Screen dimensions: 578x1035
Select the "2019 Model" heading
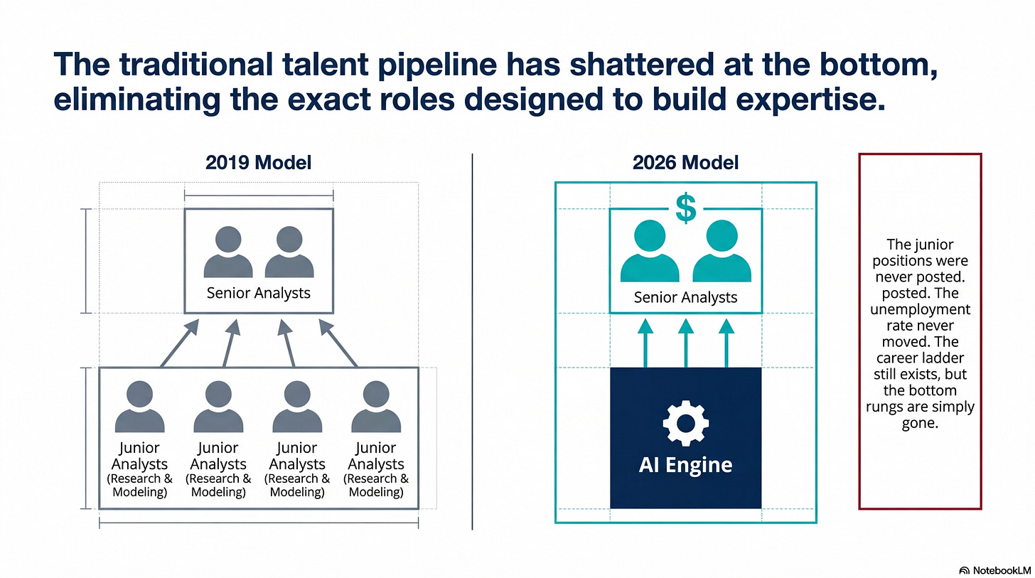click(x=259, y=163)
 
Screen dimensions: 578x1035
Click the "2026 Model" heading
click(x=685, y=163)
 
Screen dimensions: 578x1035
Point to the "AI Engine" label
click(x=685, y=466)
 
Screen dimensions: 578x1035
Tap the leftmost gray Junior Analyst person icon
click(x=139, y=408)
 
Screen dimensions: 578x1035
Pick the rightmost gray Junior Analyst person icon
click(x=376, y=408)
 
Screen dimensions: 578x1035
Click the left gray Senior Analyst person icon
click(x=227, y=252)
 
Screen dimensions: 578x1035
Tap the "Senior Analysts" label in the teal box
click(x=685, y=297)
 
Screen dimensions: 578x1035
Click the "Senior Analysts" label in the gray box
click(x=259, y=292)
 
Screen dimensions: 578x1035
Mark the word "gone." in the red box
click(x=920, y=424)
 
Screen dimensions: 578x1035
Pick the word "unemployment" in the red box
click(x=920, y=310)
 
